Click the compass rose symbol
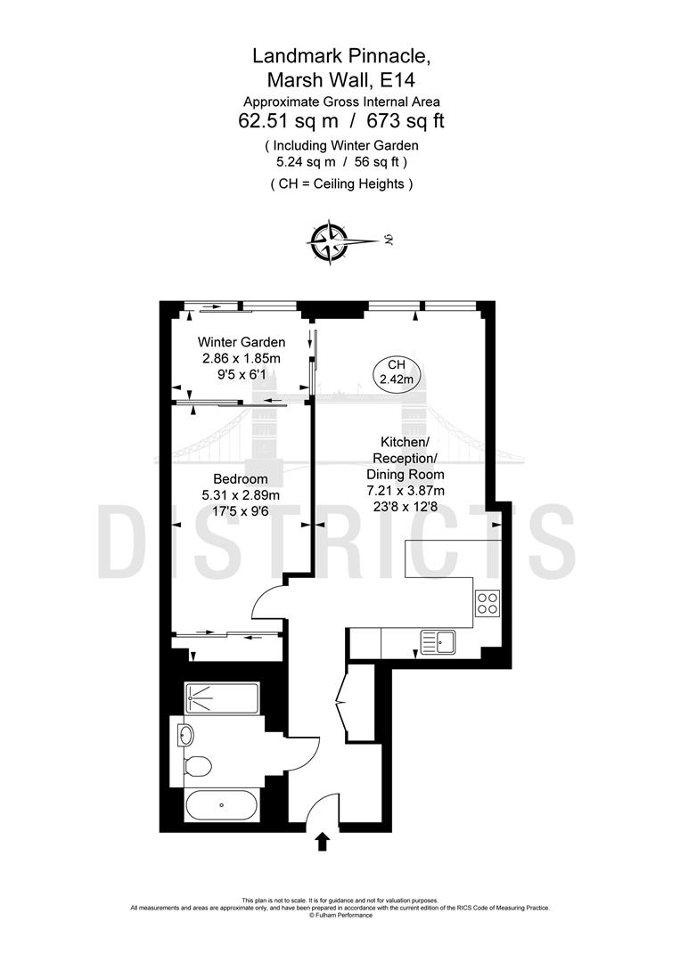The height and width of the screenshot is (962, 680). tap(329, 240)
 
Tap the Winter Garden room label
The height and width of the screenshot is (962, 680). tap(241, 342)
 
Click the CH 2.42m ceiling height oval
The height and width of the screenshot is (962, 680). tap(397, 371)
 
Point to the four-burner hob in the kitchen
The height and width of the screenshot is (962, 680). tap(487, 604)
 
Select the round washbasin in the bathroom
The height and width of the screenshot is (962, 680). tap(185, 735)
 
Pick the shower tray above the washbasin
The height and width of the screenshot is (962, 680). tap(221, 698)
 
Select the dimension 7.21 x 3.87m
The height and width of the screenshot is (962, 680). tap(406, 490)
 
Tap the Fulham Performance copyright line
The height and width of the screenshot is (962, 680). tap(340, 915)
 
